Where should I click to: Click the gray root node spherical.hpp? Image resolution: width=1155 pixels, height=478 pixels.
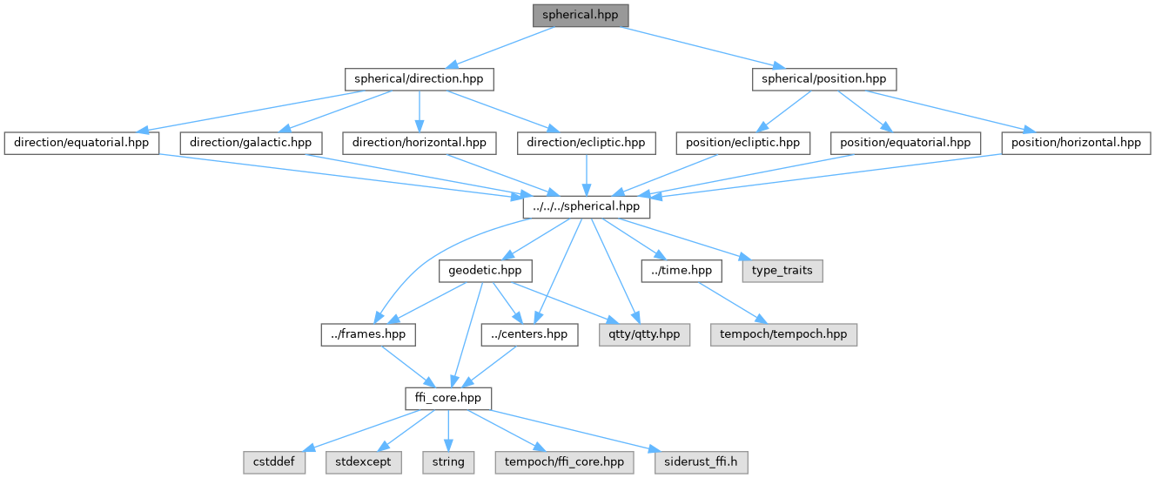(x=581, y=15)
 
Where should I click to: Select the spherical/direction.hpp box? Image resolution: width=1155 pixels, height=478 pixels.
(x=419, y=78)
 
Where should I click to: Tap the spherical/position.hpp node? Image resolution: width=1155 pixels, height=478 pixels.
(x=823, y=78)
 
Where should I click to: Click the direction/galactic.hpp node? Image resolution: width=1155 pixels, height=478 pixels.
(x=251, y=142)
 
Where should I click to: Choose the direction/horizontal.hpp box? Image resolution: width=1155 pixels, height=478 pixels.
(x=419, y=142)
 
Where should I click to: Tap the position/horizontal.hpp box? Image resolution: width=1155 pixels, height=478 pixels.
(x=1076, y=142)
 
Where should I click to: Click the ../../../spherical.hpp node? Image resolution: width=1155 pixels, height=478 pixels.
(x=586, y=206)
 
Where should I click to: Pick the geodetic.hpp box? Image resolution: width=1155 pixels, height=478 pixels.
(x=485, y=270)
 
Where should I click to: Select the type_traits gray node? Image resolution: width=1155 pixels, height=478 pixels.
(x=782, y=270)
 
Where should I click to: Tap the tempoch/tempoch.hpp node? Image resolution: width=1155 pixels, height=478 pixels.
(x=783, y=334)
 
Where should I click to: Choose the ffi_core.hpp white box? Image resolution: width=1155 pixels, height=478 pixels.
(x=448, y=398)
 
